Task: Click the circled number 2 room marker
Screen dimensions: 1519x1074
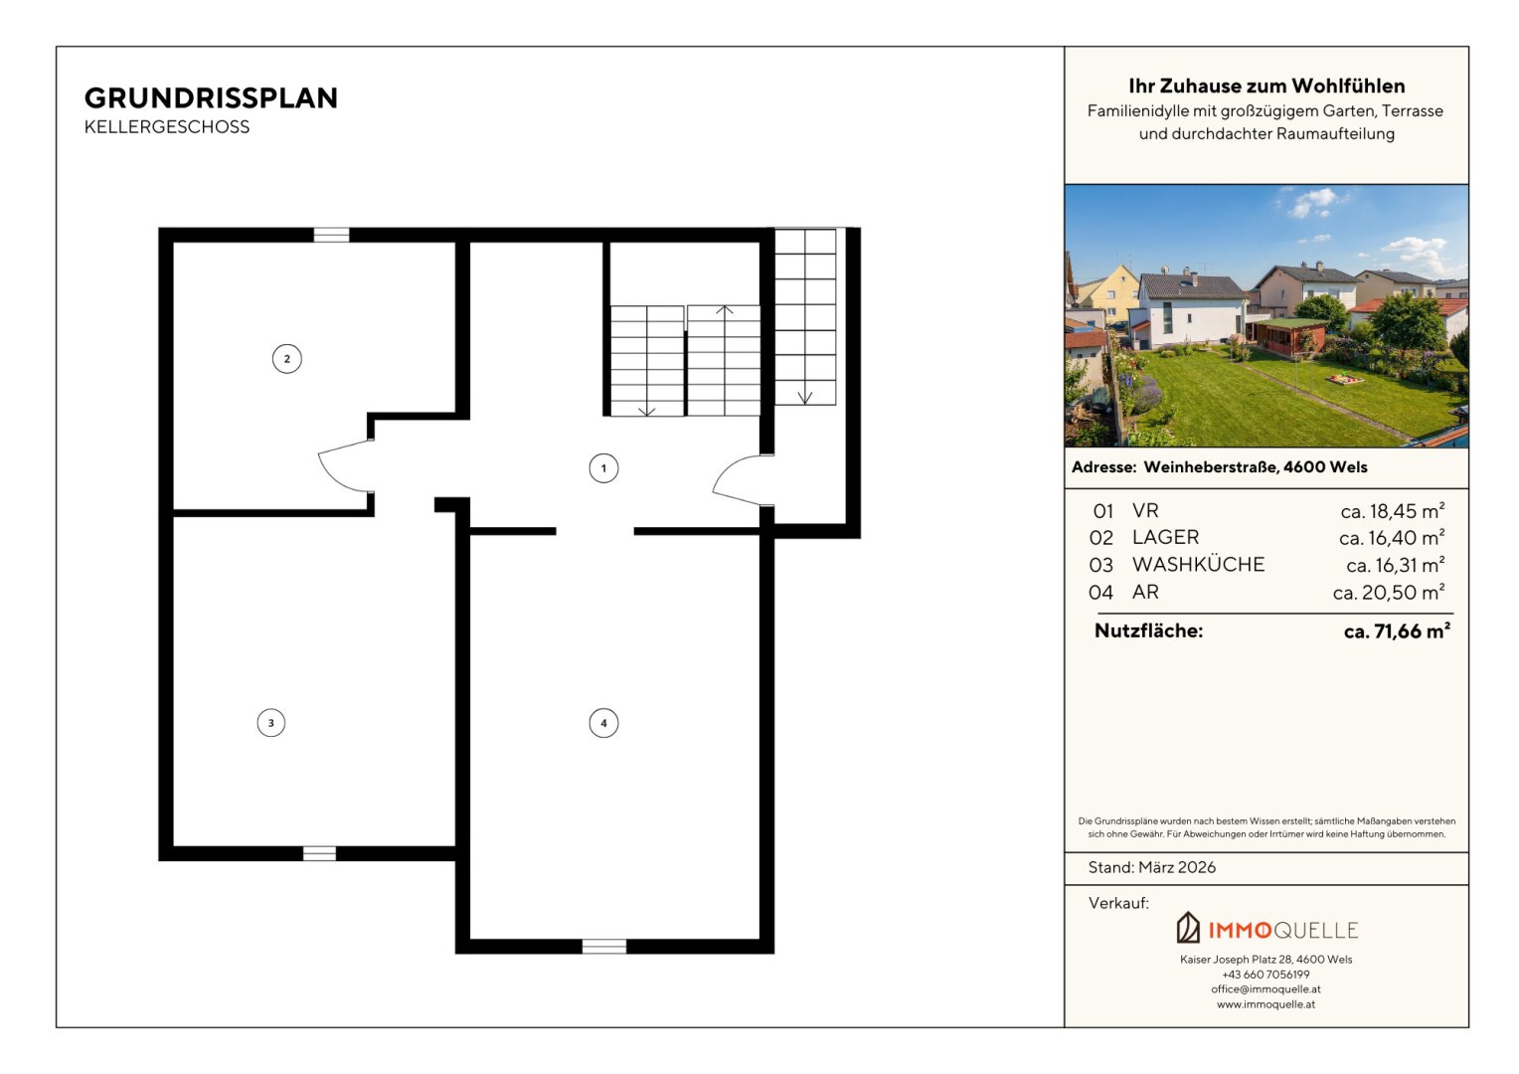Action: pos(287,359)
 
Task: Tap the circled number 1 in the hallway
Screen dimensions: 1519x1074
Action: pos(603,468)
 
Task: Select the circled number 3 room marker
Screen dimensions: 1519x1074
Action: pos(271,723)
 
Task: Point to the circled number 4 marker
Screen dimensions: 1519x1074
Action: pos(603,723)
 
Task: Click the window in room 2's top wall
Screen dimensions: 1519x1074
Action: pos(331,235)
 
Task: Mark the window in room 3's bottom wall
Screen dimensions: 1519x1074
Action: pos(319,853)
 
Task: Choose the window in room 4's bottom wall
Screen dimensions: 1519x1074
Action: pos(604,947)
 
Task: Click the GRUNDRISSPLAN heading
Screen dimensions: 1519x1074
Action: pos(211,98)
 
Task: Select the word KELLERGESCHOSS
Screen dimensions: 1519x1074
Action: pos(167,127)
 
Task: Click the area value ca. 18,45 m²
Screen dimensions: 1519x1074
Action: pos(1392,511)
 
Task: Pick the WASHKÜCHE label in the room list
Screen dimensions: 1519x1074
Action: pos(1198,565)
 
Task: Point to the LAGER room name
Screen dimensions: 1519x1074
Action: pos(1166,537)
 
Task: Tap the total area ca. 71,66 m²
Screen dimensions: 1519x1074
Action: pos(1397,630)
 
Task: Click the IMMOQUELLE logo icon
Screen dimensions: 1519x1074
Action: pos(1188,928)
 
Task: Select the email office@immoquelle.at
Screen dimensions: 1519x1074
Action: pos(1266,989)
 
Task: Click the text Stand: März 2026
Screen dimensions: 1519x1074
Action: pos(1151,867)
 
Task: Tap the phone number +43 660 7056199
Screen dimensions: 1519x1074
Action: pos(1266,975)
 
